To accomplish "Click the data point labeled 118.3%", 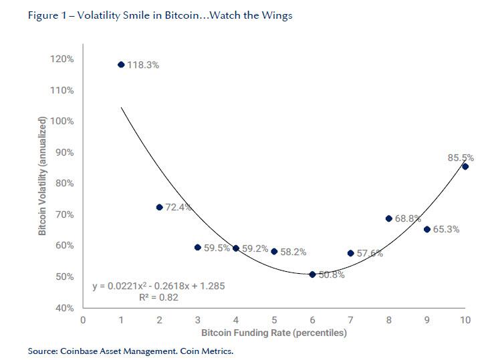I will click(x=121, y=65).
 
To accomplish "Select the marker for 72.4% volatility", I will click(x=159, y=207).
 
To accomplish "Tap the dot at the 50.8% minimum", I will click(x=312, y=274).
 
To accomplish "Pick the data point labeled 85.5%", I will click(x=465, y=166).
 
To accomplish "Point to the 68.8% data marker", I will click(x=388, y=218).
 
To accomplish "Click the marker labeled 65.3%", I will click(x=427, y=229).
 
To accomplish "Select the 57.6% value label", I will click(x=370, y=254).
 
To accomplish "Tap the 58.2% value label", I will click(x=293, y=252).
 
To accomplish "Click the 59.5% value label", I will click(x=217, y=248).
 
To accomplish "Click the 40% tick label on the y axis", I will click(x=64, y=308).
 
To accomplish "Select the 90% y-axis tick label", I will click(x=64, y=152).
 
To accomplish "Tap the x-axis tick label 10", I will click(x=465, y=320).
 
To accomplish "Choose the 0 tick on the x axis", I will click(x=83, y=320).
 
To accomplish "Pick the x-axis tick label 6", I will click(x=312, y=320).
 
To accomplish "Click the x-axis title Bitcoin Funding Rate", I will click(x=274, y=332).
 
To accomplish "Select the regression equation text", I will click(x=158, y=286).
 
